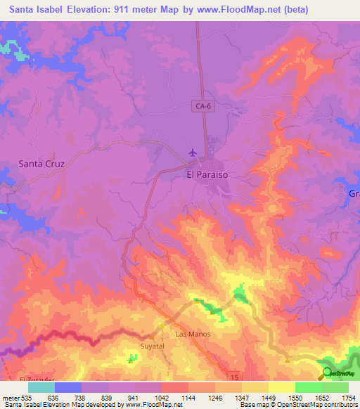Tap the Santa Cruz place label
[x=41, y=164]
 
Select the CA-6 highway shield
[x=200, y=105]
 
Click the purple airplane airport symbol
[x=193, y=152]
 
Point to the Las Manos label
[x=193, y=334]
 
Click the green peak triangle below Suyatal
[x=130, y=361]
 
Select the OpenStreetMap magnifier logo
[x=327, y=373]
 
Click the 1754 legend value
[x=347, y=398]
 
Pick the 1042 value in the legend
[x=162, y=398]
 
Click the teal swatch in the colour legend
[x=41, y=387]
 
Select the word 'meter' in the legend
[x=11, y=398]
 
